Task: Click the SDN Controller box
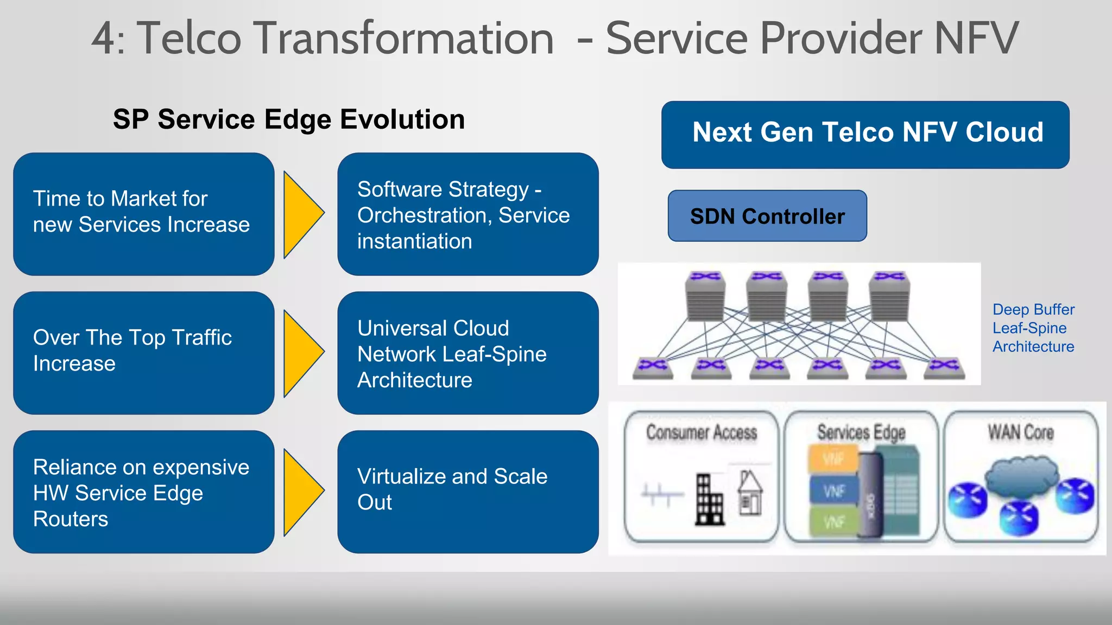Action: click(767, 216)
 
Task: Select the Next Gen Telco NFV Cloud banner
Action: click(865, 135)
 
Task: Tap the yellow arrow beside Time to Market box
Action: click(302, 214)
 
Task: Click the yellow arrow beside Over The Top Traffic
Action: click(302, 353)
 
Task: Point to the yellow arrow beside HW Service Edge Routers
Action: click(302, 492)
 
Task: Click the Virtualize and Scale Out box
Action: click(467, 492)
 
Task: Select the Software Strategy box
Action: click(467, 214)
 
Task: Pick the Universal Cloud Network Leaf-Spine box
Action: click(467, 353)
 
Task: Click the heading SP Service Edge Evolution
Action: click(289, 119)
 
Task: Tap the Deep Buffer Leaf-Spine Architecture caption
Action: click(1033, 328)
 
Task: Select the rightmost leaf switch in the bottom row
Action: click(944, 367)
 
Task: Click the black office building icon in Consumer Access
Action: click(709, 500)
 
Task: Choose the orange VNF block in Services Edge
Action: click(833, 458)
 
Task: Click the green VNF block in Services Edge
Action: click(833, 521)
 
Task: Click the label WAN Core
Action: click(1020, 432)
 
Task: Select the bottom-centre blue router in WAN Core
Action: click(1019, 518)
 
